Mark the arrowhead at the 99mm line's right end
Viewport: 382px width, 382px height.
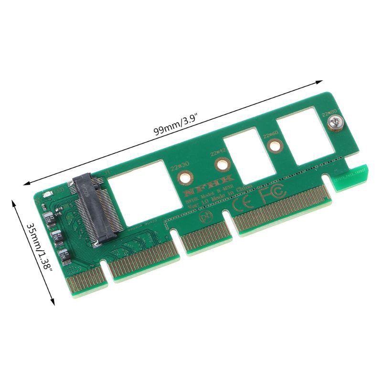320,83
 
